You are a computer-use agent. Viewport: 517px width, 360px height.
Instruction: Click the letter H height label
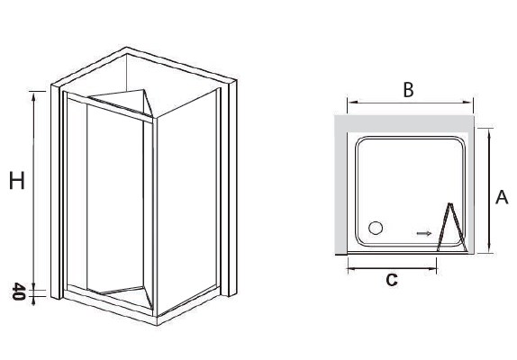[x=17, y=181]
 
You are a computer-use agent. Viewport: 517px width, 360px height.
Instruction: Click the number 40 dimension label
[x=19, y=292]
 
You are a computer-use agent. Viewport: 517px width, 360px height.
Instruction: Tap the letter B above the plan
[x=408, y=89]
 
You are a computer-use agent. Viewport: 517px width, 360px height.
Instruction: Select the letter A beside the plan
[x=502, y=197]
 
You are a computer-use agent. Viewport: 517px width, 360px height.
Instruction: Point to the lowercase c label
[x=392, y=280]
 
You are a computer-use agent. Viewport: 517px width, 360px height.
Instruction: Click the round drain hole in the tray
[x=376, y=228]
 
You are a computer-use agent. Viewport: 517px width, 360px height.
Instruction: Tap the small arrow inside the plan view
[x=424, y=233]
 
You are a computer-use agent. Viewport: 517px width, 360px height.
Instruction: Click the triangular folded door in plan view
[x=451, y=228]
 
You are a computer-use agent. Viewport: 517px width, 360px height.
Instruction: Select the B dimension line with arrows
[x=410, y=103]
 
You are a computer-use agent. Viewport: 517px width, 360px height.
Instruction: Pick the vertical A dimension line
[x=489, y=191]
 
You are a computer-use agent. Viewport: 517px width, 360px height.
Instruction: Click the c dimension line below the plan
[x=392, y=269]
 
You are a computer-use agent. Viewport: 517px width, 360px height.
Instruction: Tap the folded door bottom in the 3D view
[x=122, y=296]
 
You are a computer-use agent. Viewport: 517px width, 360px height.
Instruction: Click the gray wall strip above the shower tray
[x=404, y=124]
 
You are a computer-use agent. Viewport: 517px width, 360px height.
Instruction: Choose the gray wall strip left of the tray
[x=340, y=185]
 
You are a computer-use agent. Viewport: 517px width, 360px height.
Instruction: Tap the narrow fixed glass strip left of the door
[x=77, y=193]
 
